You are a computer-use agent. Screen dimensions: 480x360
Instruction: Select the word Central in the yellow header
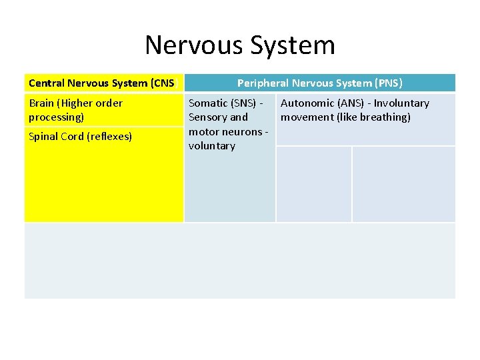tap(47, 83)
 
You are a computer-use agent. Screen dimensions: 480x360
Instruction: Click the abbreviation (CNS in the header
tap(163, 83)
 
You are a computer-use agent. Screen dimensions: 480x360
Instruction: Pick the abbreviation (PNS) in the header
tap(389, 83)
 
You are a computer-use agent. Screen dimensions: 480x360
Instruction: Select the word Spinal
tap(44, 137)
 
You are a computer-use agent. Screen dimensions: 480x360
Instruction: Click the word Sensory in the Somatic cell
tap(208, 117)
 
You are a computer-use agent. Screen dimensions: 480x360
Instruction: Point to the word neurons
tap(243, 131)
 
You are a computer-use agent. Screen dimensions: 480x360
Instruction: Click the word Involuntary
tap(401, 103)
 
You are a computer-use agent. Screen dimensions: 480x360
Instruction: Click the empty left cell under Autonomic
tap(313, 184)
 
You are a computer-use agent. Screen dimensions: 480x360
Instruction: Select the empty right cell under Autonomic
tap(403, 184)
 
